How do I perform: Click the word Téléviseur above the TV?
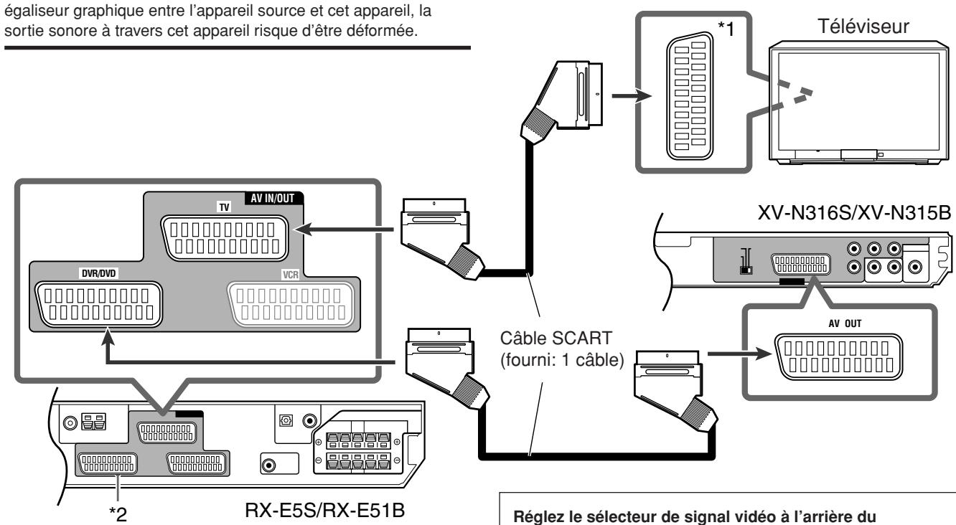[863, 27]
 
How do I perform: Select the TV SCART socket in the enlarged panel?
[225, 238]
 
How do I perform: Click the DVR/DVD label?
[98, 273]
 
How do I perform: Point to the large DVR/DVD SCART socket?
[98, 304]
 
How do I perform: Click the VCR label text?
[291, 275]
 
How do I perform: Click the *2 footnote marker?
[118, 514]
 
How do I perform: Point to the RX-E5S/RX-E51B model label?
[325, 510]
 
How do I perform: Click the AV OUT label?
[845, 323]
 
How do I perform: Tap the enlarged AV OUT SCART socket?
[838, 357]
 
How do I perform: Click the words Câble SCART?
[556, 339]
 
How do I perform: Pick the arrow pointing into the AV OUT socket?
[740, 354]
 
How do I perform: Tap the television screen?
[858, 102]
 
